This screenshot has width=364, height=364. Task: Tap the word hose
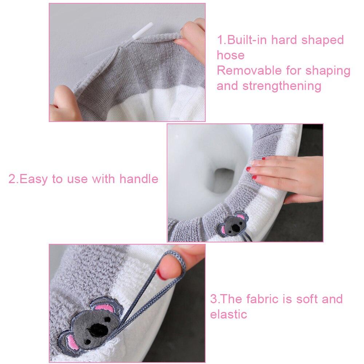pyautogui.click(x=230, y=55)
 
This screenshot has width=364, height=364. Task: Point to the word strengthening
pyautogui.click(x=282, y=86)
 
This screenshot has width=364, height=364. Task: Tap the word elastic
pyautogui.click(x=228, y=314)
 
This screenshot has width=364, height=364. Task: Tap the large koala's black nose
pyautogui.click(x=99, y=329)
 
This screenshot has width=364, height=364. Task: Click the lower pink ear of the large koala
pyautogui.click(x=71, y=342)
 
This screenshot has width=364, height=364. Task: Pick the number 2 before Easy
pyautogui.click(x=12, y=179)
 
